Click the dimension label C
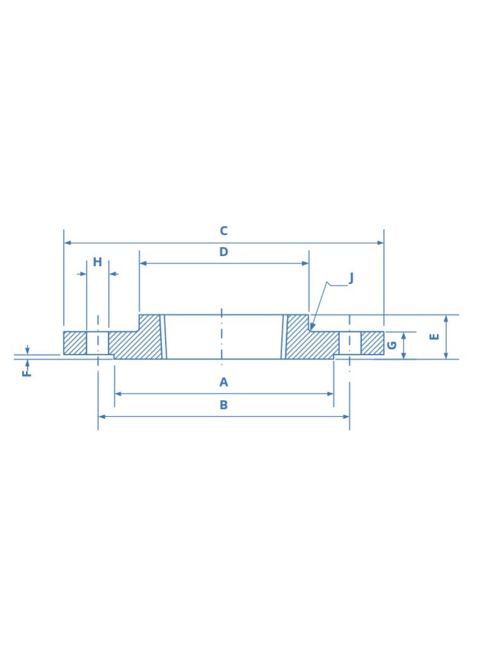(x=223, y=231)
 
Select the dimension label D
(x=223, y=252)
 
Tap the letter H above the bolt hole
(x=97, y=262)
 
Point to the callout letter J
(x=351, y=278)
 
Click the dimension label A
(x=223, y=382)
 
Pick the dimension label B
(x=223, y=405)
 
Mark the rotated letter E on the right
(x=434, y=336)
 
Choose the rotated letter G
(x=392, y=345)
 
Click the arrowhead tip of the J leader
(x=311, y=329)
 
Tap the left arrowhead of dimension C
(x=66, y=243)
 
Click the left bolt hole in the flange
(x=98, y=343)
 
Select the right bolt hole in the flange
(x=349, y=343)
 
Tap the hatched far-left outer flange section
(x=75, y=343)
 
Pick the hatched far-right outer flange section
(x=372, y=343)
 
